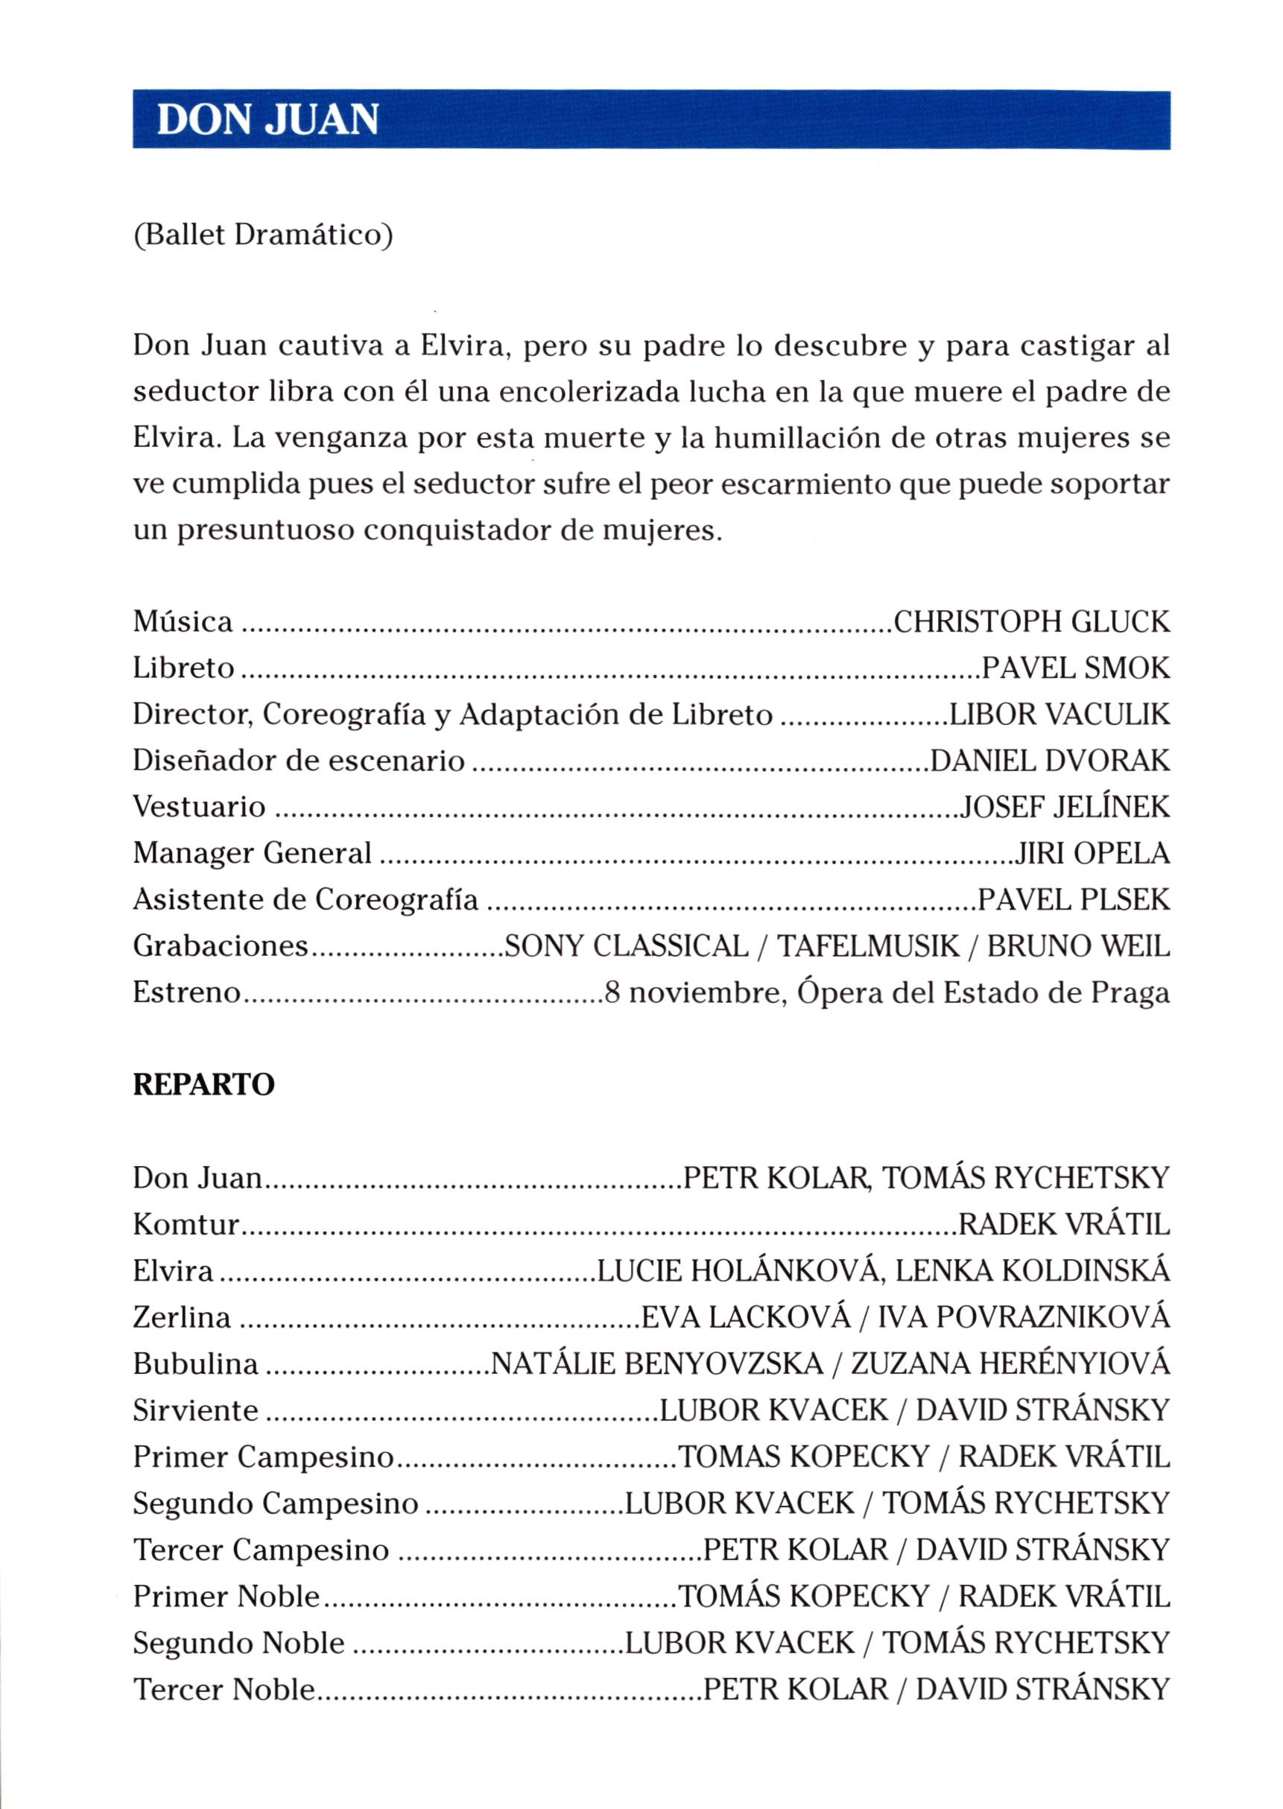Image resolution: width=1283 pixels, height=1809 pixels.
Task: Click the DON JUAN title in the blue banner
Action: [x=267, y=120]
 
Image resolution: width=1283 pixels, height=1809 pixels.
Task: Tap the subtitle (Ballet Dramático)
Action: [x=262, y=235]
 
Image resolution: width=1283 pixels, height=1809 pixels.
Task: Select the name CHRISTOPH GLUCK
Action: [x=1031, y=622]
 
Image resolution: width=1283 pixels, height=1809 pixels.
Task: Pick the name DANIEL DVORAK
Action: [x=1050, y=761]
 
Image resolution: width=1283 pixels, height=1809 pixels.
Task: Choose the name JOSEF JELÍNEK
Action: [x=1064, y=807]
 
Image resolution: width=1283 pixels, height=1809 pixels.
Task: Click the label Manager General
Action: [x=252, y=853]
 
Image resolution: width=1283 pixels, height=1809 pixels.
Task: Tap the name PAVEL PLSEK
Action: [x=1074, y=900]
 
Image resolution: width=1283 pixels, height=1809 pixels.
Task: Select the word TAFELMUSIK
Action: [x=868, y=945]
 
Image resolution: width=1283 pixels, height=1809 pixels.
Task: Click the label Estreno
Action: [x=186, y=992]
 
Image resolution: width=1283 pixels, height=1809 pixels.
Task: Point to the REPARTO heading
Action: [x=204, y=1085]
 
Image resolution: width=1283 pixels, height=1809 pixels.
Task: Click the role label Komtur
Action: [x=186, y=1224]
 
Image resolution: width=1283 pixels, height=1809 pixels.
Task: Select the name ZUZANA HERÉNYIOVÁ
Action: [x=1010, y=1363]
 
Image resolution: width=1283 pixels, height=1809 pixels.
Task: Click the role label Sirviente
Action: [x=195, y=1410]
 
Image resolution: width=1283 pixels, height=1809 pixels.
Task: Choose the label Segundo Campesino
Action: [x=275, y=1503]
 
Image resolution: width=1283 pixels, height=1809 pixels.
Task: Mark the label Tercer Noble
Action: [x=224, y=1689]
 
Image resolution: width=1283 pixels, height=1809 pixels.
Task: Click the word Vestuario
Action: [x=199, y=807]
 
